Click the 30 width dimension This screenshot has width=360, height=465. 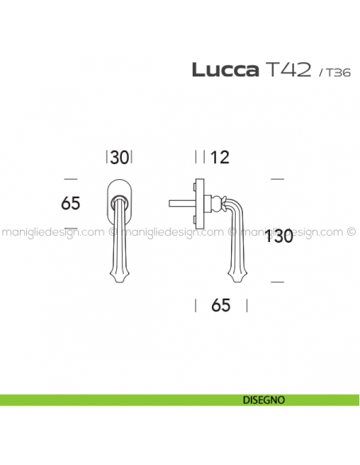(119, 158)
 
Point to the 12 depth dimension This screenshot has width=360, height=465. (220, 158)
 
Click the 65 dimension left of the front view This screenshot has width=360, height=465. (71, 204)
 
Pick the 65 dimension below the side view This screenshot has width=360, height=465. (221, 305)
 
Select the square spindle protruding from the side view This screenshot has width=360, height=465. (182, 205)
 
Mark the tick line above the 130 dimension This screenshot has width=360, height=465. (277, 179)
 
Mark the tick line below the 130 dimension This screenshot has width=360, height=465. (277, 282)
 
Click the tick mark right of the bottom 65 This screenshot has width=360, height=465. (246, 305)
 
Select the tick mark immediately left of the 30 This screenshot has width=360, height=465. (106, 158)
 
